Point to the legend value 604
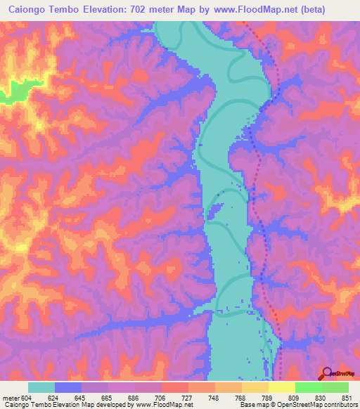pos(27,397)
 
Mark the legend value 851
pos(347,397)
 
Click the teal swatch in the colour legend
pos(41,387)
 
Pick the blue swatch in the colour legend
pos(68,387)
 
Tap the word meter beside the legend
pos(11,397)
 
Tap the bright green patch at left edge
pos(14,90)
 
